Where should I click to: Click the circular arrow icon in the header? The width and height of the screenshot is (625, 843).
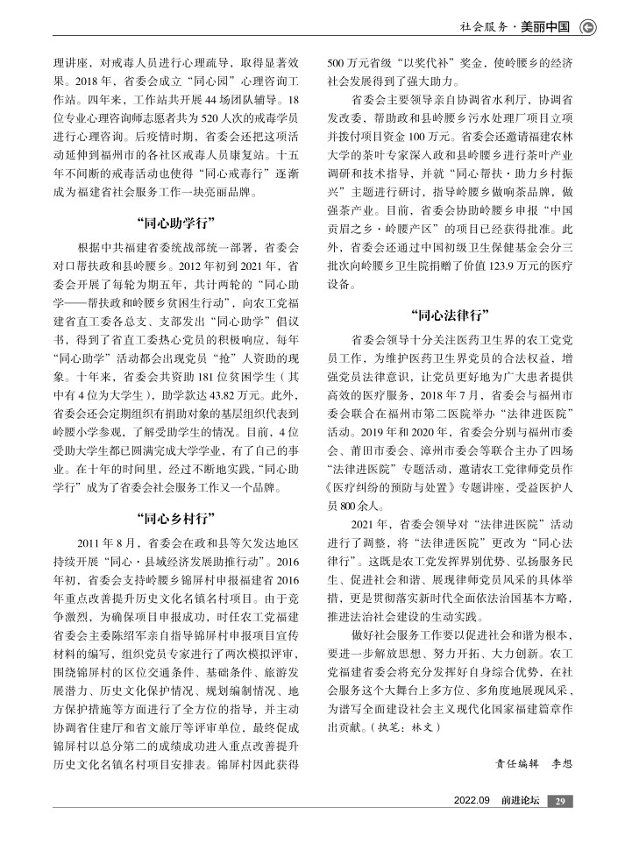tap(588, 26)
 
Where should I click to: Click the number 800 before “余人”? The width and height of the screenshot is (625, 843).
tap(347, 505)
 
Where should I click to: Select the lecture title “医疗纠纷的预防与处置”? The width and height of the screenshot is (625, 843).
tap(389, 488)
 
